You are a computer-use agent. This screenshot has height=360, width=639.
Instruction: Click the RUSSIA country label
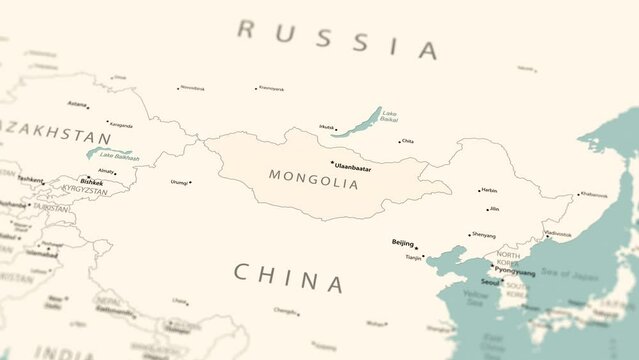tap(337, 38)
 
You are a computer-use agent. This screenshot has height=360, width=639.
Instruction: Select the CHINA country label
tap(288, 277)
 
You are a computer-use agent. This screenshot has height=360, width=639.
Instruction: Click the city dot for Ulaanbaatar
tap(331, 163)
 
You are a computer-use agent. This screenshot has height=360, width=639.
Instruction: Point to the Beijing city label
tap(402, 242)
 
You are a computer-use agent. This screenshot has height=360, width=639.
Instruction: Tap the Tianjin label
tap(413, 257)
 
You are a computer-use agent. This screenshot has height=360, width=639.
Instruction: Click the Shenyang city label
tap(483, 235)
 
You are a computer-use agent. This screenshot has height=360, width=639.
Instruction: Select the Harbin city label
tap(489, 190)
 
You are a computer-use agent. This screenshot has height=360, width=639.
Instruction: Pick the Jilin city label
tap(494, 209)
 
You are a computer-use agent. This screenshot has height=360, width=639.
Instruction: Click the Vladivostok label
tap(559, 233)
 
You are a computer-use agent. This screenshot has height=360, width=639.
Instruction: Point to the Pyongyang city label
tap(515, 270)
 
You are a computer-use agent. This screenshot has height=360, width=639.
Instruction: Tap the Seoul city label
tap(489, 281)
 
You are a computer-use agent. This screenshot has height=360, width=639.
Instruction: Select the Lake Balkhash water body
tap(108, 153)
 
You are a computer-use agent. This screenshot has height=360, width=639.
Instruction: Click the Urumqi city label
tap(179, 182)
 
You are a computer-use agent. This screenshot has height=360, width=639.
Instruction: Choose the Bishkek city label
tap(91, 183)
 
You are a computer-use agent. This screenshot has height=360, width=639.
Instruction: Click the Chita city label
tap(408, 141)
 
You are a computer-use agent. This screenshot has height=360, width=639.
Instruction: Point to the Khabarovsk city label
tap(593, 194)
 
